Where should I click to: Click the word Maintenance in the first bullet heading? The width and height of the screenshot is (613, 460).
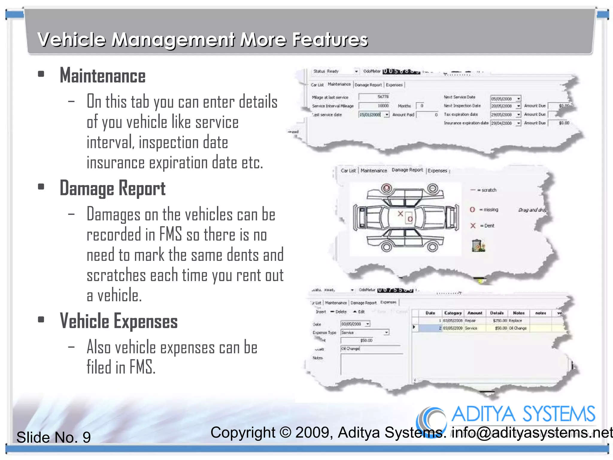[103, 76]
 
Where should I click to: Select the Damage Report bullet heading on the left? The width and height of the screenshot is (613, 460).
[113, 189]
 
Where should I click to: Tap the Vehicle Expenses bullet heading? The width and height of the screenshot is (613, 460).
[119, 321]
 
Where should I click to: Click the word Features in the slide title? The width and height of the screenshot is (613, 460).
[330, 40]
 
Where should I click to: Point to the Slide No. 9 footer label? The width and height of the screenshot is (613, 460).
[54, 437]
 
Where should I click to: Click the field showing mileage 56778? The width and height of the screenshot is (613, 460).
[374, 97]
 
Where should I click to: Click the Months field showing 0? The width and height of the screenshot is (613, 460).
[420, 106]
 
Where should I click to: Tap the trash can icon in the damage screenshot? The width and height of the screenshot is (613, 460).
[478, 246]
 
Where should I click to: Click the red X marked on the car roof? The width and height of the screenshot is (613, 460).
[400, 214]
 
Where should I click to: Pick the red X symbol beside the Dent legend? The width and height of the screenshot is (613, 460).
[473, 226]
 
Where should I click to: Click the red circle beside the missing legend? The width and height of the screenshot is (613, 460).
[472, 210]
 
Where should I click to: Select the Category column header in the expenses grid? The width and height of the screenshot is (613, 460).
[453, 313]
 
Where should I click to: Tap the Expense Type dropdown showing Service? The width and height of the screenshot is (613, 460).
[365, 332]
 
